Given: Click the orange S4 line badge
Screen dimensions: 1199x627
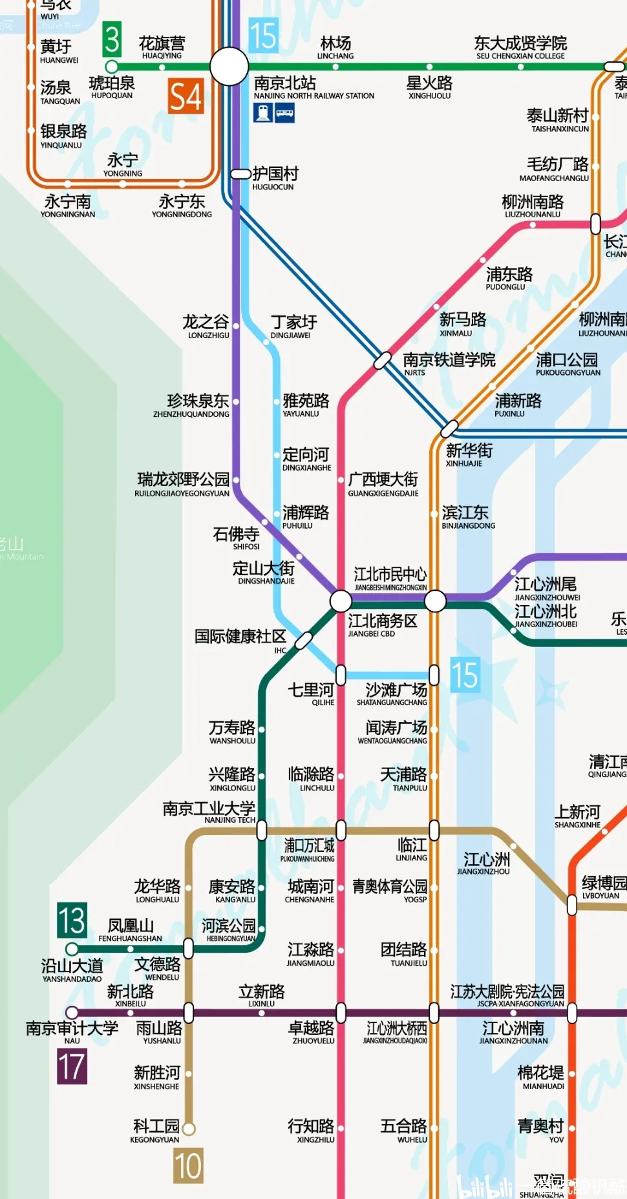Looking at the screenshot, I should pyautogui.click(x=186, y=96).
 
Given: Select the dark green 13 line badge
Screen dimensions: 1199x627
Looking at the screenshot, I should pyautogui.click(x=72, y=920).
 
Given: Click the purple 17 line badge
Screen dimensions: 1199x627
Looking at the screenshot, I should pyautogui.click(x=72, y=1066).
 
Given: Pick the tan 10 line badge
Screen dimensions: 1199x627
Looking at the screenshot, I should pyautogui.click(x=188, y=1166).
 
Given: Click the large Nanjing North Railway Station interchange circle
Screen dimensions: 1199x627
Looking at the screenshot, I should pyautogui.click(x=229, y=66).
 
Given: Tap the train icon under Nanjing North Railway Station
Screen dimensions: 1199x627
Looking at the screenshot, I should pyautogui.click(x=263, y=113).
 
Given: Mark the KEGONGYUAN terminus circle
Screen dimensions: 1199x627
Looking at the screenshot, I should pyautogui.click(x=189, y=1129).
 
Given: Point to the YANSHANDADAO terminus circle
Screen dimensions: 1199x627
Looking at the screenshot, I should pyautogui.click(x=72, y=949).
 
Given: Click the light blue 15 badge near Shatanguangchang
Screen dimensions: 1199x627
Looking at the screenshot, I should pyautogui.click(x=465, y=675).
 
